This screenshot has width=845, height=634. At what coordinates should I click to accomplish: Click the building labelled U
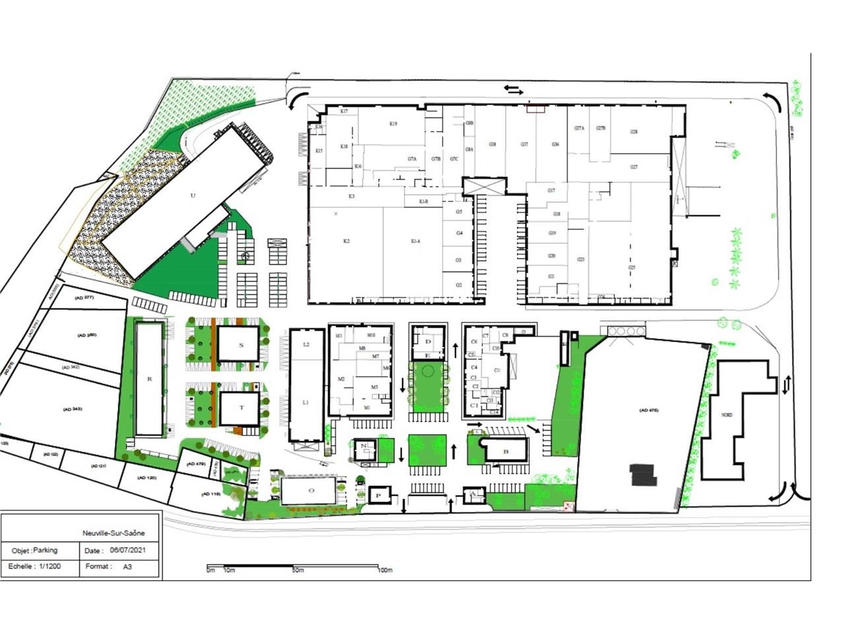193,195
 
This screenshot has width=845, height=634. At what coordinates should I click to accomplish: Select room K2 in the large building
346,242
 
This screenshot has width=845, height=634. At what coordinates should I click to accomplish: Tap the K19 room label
393,123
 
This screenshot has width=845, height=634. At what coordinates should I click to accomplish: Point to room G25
632,267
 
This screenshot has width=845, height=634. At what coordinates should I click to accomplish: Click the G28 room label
634,132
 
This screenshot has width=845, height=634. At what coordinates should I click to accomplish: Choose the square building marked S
241,345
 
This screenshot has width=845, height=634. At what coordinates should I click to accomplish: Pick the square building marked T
241,407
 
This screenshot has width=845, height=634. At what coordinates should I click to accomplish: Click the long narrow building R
150,379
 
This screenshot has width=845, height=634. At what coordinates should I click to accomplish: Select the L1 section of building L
306,402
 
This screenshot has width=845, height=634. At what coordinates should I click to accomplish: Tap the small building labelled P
378,495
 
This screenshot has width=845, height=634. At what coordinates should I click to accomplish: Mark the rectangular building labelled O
312,491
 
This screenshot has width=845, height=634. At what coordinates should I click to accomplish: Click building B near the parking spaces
506,451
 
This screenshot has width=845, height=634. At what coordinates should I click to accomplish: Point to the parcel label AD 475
649,411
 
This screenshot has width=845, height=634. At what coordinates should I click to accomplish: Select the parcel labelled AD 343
73,409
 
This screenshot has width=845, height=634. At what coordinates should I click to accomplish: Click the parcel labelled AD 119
211,495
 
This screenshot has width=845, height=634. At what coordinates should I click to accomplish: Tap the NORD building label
727,415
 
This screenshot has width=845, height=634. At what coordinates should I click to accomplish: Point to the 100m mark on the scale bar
385,570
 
